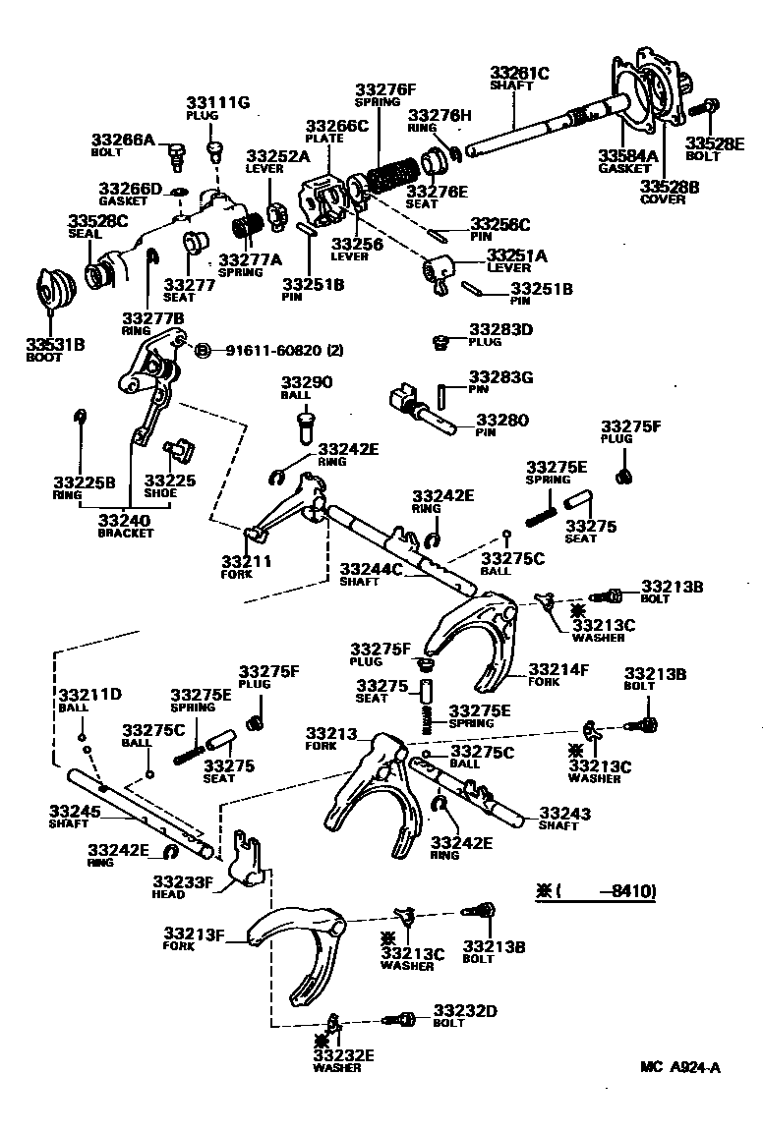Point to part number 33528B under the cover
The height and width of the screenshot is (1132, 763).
pos(670,185)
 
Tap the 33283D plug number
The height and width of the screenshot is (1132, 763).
pos(500,329)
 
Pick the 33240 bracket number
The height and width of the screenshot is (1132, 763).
pos(125,520)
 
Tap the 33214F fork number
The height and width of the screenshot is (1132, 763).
pos(558,670)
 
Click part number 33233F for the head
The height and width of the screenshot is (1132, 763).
pos(183,881)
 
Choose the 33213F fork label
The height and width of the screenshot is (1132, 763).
pos(195,933)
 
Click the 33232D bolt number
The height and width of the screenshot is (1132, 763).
pos(465,1010)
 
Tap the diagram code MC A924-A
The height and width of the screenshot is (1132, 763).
pos(679,1067)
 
